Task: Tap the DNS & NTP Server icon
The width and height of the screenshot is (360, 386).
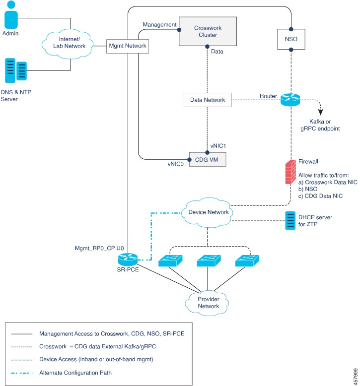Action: pos(15,70)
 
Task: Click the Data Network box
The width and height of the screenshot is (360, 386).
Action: pos(208,100)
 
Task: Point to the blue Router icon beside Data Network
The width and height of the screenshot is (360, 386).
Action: pos(291,100)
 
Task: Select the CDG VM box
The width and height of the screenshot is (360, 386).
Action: pos(208,159)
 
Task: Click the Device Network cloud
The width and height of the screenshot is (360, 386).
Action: pos(209,212)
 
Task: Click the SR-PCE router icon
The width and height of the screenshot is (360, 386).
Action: pos(128,259)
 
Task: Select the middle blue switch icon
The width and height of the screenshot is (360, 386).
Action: pos(207,262)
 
